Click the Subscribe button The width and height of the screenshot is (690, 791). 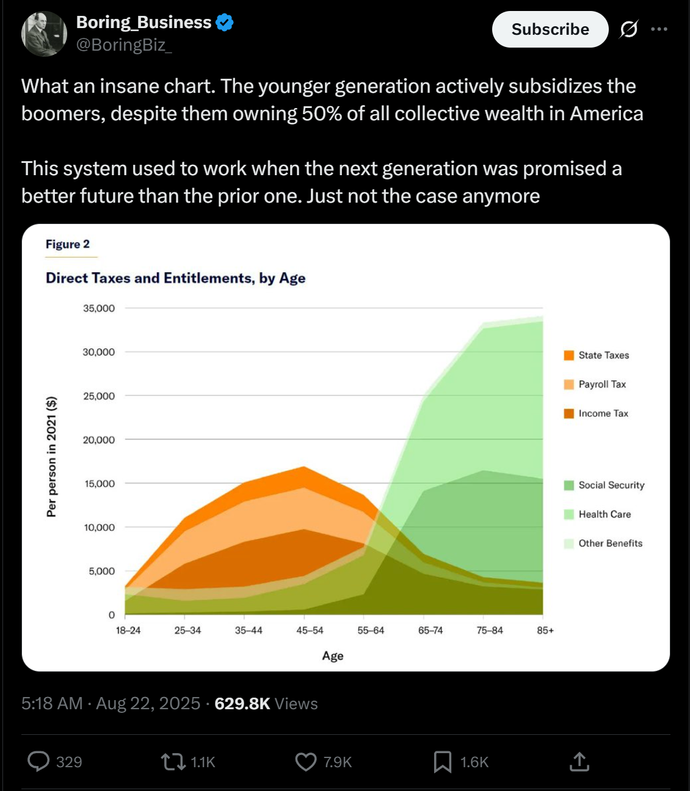click(550, 29)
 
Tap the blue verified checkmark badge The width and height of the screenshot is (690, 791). click(225, 22)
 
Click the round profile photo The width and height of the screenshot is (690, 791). click(44, 34)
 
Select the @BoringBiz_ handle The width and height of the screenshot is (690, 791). click(124, 45)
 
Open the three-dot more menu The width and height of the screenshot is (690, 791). click(659, 29)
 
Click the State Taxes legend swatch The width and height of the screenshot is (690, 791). click(569, 355)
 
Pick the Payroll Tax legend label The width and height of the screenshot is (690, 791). click(602, 385)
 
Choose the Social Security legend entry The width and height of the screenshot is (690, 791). click(604, 485)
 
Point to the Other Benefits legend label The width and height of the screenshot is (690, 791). click(611, 543)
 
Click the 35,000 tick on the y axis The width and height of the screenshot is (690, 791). click(99, 308)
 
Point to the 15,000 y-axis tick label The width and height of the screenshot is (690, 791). click(100, 483)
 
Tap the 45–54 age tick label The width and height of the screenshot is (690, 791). click(310, 630)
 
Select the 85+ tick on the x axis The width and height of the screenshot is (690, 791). click(545, 630)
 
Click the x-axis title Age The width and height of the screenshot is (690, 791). click(333, 656)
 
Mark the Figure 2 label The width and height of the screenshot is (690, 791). click(68, 244)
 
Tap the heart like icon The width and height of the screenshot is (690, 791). click(306, 762)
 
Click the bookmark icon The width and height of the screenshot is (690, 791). click(443, 762)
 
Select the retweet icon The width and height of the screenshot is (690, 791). click(172, 762)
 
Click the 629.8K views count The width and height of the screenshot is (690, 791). click(242, 704)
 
